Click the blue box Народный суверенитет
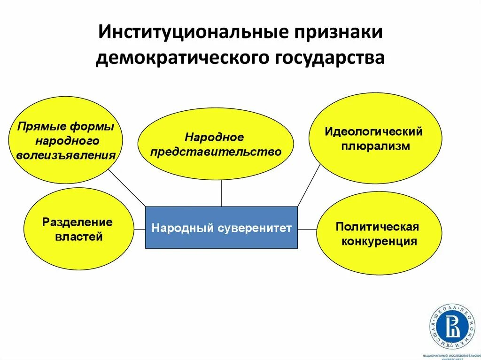[221, 228]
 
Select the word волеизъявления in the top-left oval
[66, 155]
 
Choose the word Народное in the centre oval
[214, 137]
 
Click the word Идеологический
[373, 131]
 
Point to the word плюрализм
[376, 146]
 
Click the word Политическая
[377, 227]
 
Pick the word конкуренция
[379, 242]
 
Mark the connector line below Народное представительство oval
[221, 193]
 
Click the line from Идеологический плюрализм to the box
[308, 186]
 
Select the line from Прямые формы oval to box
[127, 187]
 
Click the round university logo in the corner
[452, 326]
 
